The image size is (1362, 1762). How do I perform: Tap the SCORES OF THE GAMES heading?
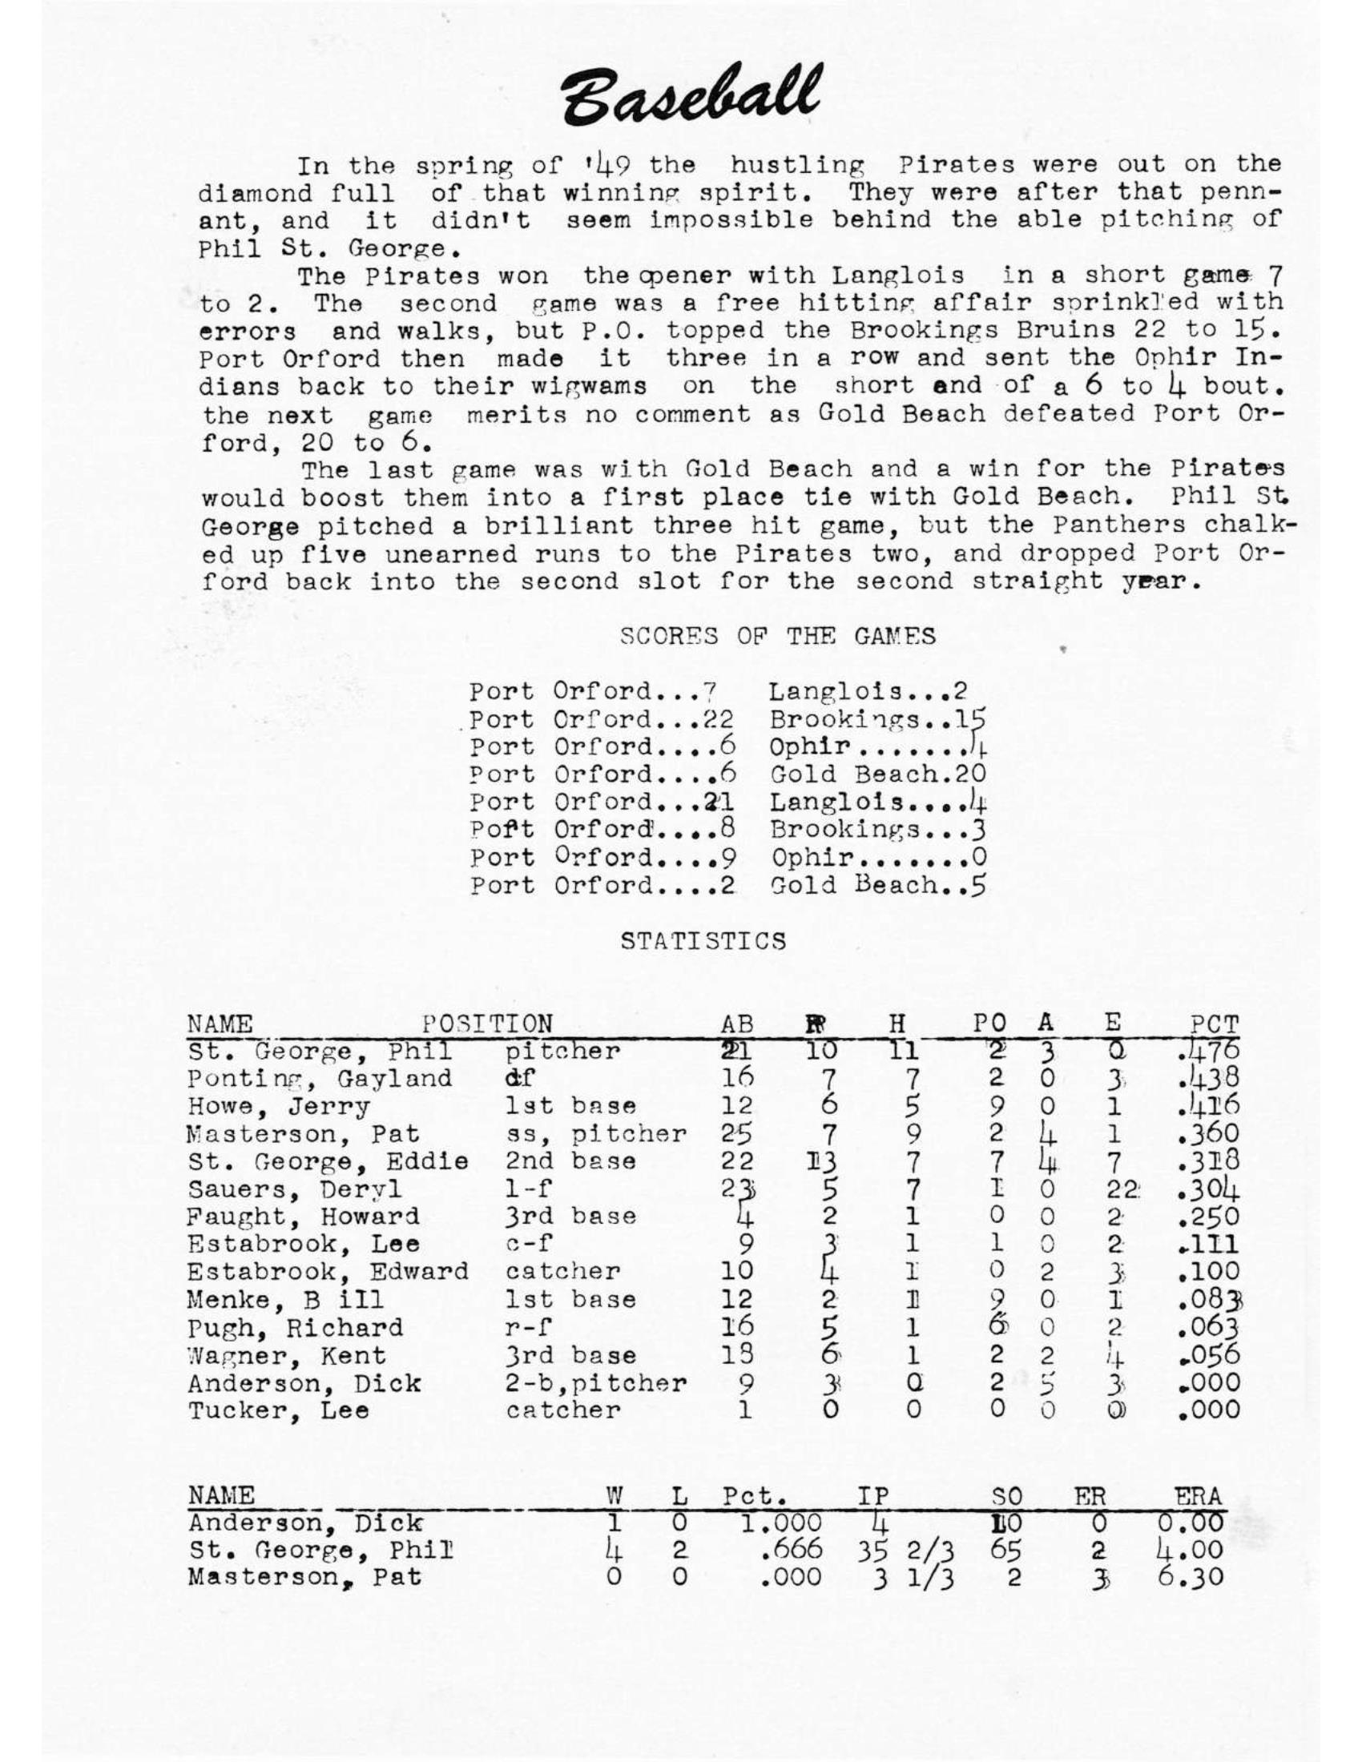[778, 637]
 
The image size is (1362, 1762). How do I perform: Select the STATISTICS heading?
[703, 942]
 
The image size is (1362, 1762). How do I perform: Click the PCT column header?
[1215, 1024]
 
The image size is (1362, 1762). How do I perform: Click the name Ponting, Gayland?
[320, 1079]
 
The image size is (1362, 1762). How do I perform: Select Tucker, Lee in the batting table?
[278, 1411]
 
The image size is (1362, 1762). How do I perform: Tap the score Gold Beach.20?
[878, 774]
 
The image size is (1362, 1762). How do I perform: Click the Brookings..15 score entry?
[878, 720]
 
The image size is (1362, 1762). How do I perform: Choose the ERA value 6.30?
[1190, 1576]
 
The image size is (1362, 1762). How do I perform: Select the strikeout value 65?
[1006, 1550]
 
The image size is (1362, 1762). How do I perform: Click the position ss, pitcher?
[595, 1133]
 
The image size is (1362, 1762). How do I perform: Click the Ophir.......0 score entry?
[878, 858]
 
